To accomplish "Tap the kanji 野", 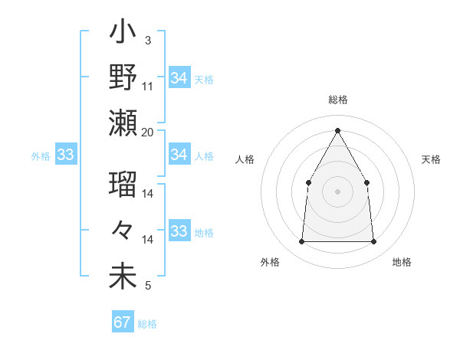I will point(123,78).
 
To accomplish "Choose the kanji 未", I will point(123,277).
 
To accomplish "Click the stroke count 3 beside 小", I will point(147,40).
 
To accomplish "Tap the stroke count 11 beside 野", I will point(148,86).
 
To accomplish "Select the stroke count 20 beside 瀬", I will point(148,132).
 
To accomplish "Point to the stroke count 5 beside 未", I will point(147,286).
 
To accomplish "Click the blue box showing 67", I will point(123,322).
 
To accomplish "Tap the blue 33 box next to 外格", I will point(65,155).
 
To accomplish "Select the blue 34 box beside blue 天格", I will point(179,78).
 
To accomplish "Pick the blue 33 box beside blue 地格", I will point(179,232).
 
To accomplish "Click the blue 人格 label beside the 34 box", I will point(204,156).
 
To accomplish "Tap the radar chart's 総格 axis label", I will point(337,100).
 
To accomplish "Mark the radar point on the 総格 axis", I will point(337,129).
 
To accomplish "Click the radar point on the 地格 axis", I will point(374,242).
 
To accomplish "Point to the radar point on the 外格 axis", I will point(301,242).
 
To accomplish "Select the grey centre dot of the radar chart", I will point(337,191).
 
